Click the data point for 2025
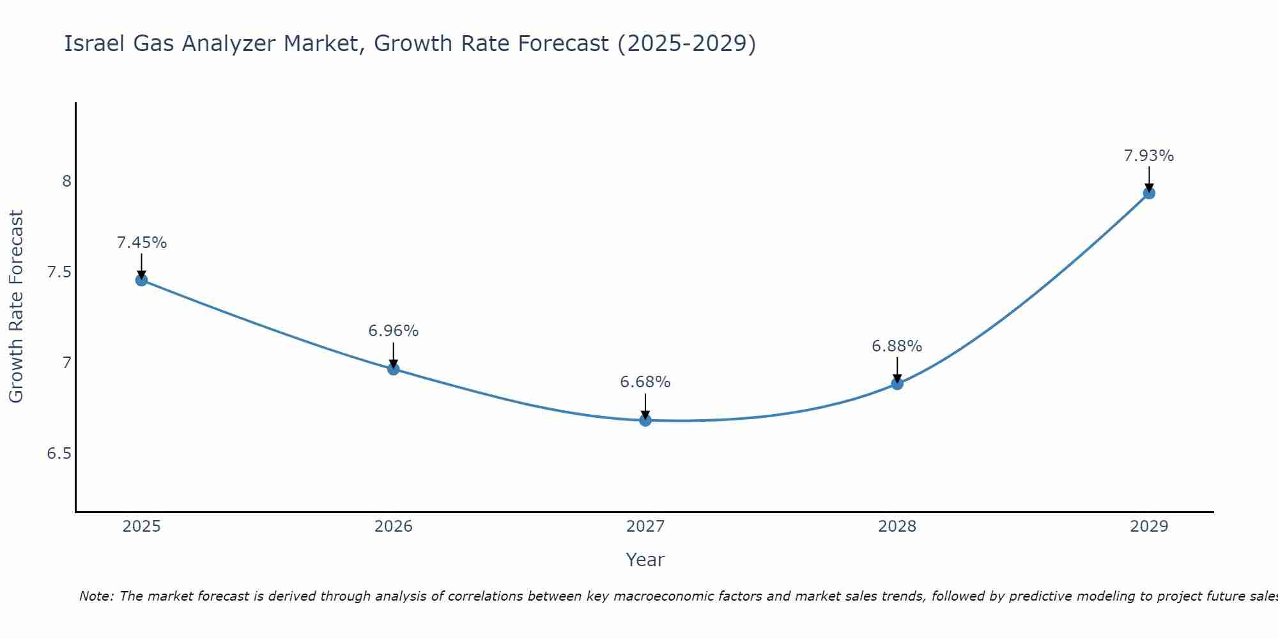pos(141,280)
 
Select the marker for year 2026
pos(393,369)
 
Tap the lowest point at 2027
pos(645,420)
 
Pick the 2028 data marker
pos(897,383)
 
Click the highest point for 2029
pos(1149,193)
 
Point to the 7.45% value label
pos(142,243)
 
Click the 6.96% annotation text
pos(393,331)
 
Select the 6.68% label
pos(645,382)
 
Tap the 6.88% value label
pos(897,346)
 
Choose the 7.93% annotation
pos(1149,156)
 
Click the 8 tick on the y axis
pos(66,181)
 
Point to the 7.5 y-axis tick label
pos(59,272)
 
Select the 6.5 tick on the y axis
pos(59,454)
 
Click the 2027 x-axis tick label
pos(645,527)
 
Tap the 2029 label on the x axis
pos(1149,527)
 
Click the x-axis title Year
pos(645,560)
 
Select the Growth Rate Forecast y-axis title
pos(16,307)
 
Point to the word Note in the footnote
pos(96,596)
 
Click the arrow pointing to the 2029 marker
pos(1149,178)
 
